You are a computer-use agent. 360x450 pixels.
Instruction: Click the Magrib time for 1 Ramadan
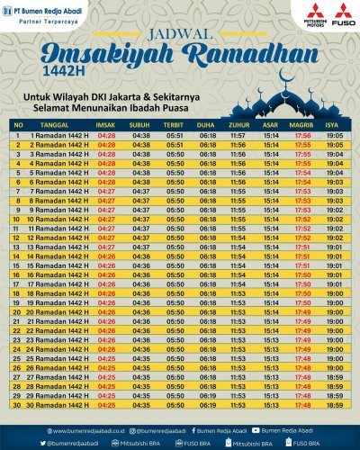[302, 135]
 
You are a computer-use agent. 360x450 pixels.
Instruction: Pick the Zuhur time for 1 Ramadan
[238, 135]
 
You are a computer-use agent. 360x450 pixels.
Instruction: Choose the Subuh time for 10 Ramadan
[141, 219]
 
